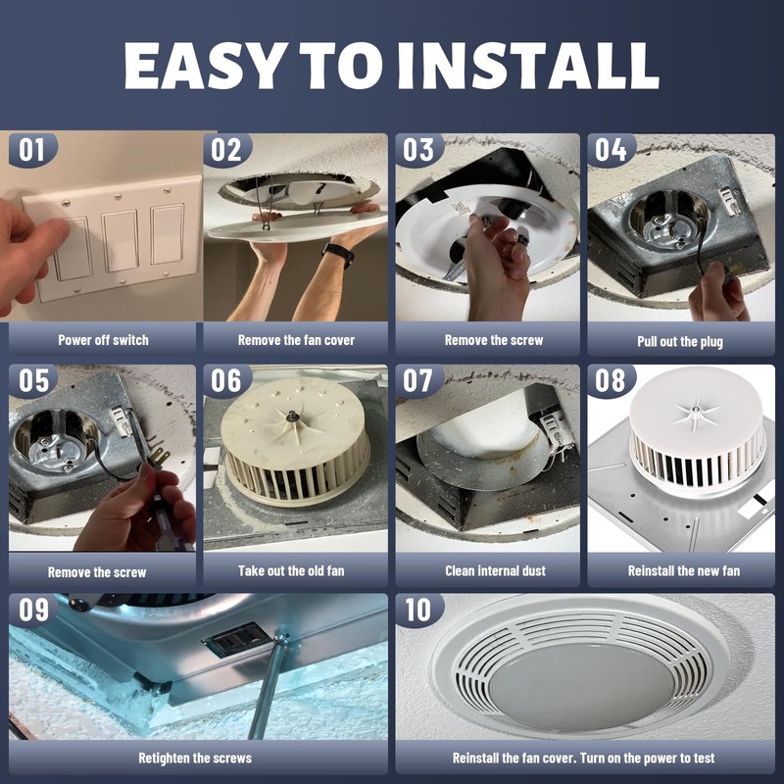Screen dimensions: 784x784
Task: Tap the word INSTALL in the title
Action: click(x=528, y=66)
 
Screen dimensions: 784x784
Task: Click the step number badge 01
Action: click(x=32, y=150)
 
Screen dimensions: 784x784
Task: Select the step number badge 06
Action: click(x=226, y=380)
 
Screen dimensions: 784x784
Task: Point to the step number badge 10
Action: click(x=418, y=610)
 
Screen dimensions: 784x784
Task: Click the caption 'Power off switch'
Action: click(x=104, y=340)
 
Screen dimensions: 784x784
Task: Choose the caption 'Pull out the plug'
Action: click(x=680, y=342)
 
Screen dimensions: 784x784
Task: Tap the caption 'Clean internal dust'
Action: click(x=495, y=570)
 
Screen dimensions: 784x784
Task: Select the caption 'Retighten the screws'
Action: click(x=195, y=758)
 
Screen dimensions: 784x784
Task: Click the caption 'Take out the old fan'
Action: click(x=291, y=570)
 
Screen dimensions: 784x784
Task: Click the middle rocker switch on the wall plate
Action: click(x=120, y=241)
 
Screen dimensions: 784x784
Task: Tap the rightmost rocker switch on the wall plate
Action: click(x=168, y=233)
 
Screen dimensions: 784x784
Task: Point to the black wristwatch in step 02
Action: click(x=338, y=255)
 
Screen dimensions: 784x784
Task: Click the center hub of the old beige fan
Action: click(x=290, y=415)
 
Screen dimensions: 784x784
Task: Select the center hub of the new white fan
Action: click(x=695, y=410)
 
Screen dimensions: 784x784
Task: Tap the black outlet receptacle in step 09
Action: click(x=237, y=639)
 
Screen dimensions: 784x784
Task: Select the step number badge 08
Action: click(x=610, y=380)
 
